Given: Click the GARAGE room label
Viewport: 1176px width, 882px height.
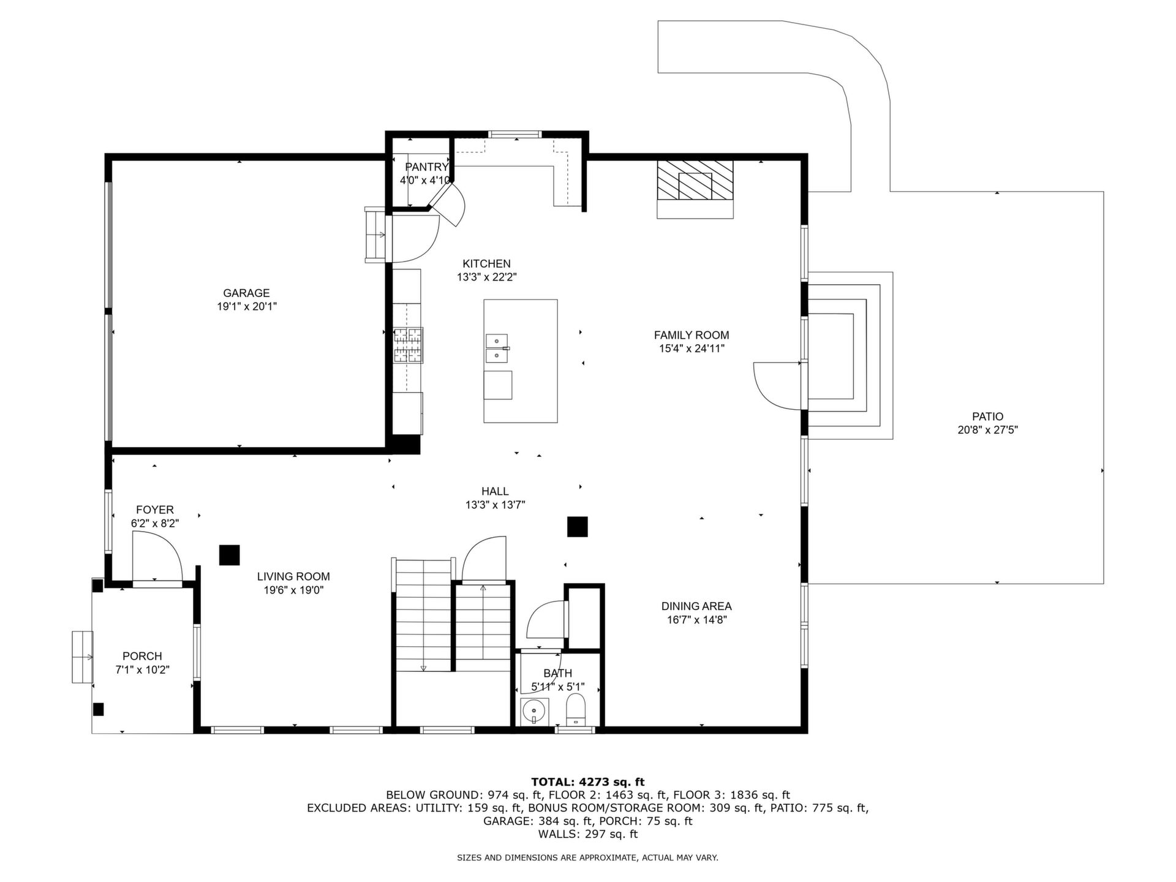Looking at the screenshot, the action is (x=246, y=293).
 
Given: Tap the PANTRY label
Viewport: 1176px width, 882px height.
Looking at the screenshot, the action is (x=427, y=167).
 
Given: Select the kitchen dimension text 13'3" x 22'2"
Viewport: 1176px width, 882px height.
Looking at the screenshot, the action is (x=487, y=277).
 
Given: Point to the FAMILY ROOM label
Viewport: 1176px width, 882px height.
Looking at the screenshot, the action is (x=692, y=335).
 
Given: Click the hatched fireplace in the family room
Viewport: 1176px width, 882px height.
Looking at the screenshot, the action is (x=695, y=179).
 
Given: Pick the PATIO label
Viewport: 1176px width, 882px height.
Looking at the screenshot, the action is (x=988, y=417).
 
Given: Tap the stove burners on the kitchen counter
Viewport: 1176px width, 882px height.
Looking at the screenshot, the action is (x=408, y=345).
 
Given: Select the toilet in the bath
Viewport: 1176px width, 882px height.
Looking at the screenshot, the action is (x=576, y=710).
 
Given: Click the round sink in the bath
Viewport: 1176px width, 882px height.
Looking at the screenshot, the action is (x=534, y=712).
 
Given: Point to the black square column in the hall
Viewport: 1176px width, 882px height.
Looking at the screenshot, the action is (x=577, y=527).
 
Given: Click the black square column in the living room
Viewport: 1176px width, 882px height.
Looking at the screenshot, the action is (x=230, y=555).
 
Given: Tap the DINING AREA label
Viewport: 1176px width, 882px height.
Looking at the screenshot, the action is (x=696, y=606).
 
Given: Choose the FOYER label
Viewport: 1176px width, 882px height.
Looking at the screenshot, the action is (x=155, y=510).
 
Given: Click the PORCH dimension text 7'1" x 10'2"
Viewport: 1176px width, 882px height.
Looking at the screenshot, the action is (x=142, y=669).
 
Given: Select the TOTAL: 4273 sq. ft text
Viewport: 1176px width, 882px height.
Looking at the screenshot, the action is (x=587, y=782).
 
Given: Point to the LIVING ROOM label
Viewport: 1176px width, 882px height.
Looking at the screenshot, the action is (x=293, y=576).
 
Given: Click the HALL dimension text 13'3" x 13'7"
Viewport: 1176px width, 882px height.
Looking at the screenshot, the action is (x=495, y=505).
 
